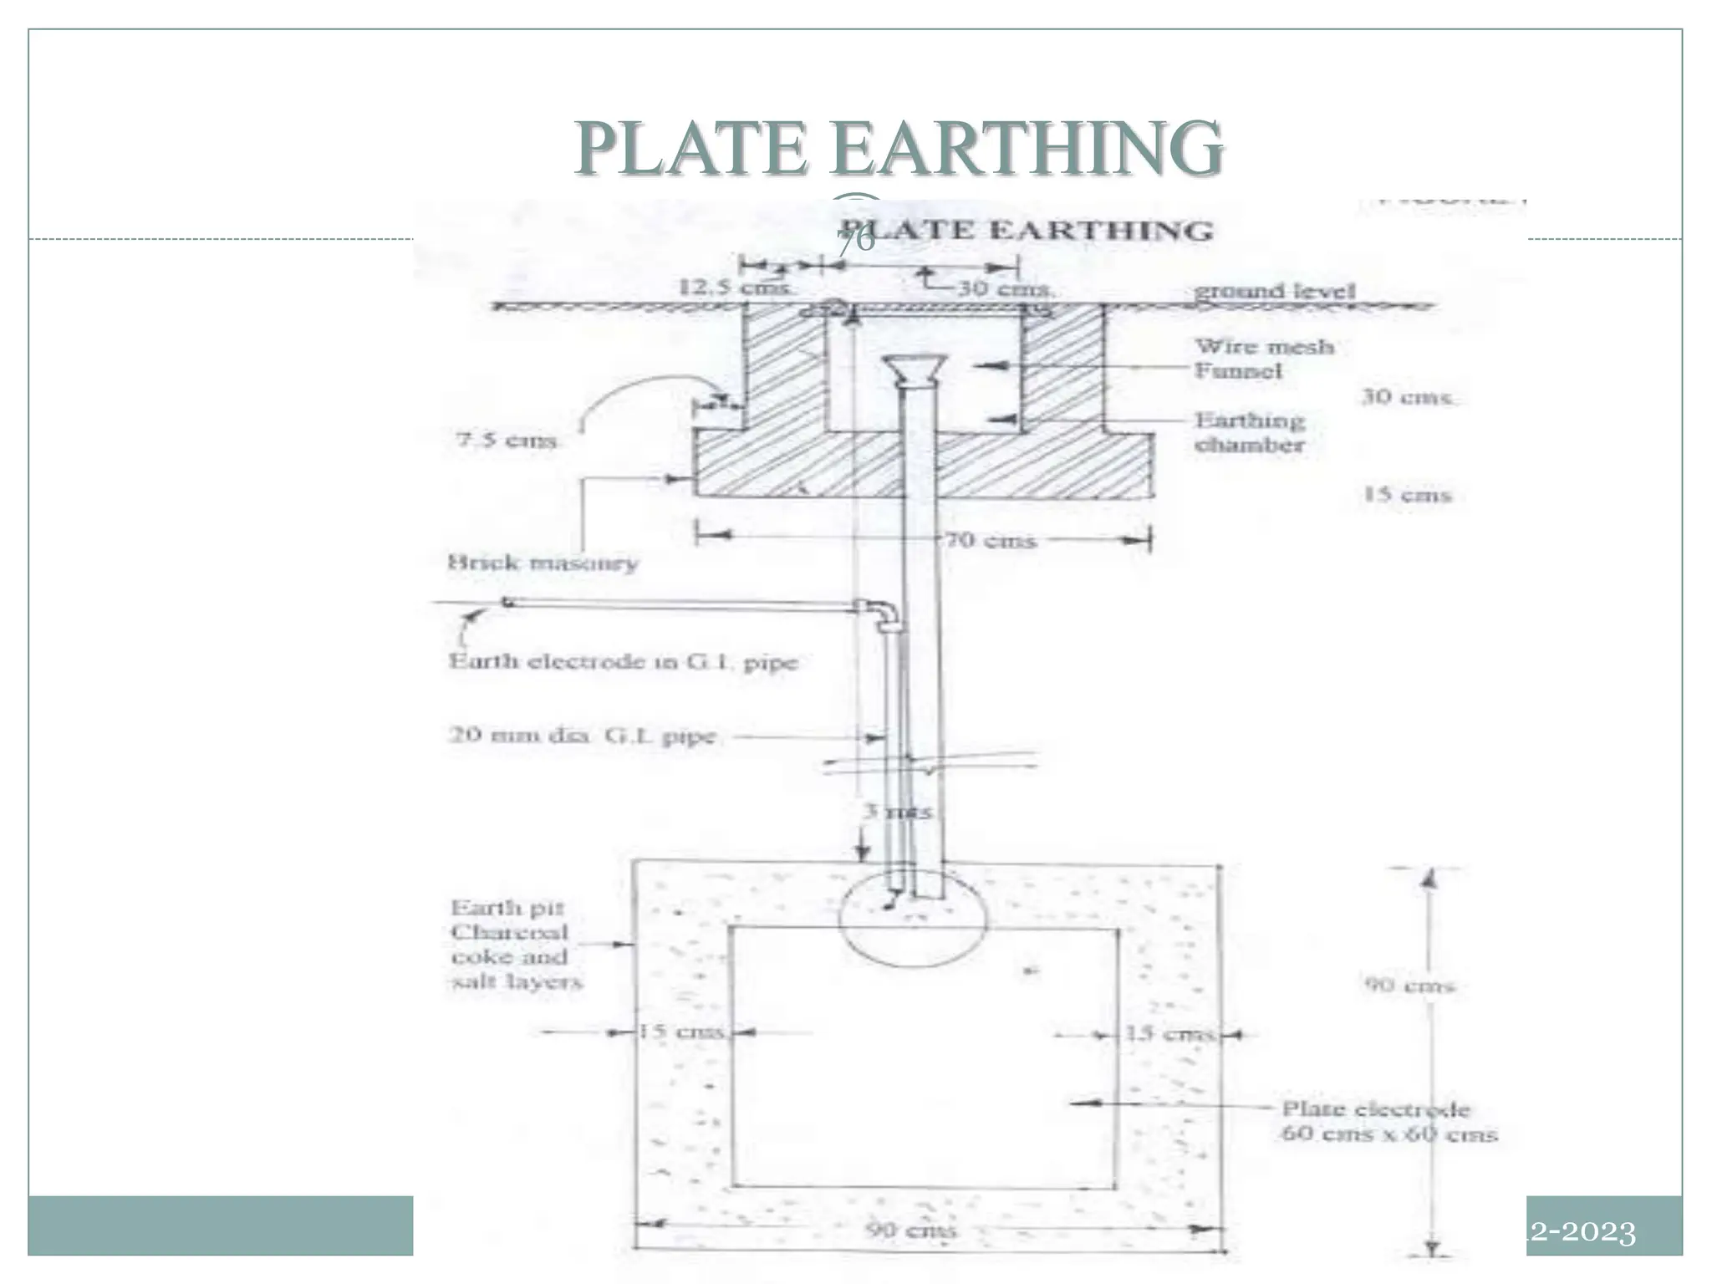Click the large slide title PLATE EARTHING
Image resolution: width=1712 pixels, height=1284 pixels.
tap(899, 148)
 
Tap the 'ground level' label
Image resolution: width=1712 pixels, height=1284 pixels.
tap(1274, 291)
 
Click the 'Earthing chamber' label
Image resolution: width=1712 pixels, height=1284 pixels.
tap(1250, 432)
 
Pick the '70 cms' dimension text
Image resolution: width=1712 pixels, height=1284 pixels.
tap(991, 541)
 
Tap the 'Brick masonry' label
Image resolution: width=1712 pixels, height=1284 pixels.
tap(543, 563)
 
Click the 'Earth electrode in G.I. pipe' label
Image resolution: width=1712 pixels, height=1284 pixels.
tap(623, 662)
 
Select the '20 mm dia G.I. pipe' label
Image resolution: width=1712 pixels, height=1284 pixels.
tap(583, 736)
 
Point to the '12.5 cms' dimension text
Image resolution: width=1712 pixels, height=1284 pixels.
tap(734, 288)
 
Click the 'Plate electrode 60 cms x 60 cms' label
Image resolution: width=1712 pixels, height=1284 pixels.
tap(1388, 1121)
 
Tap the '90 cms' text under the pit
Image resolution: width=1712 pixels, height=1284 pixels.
tap(910, 1230)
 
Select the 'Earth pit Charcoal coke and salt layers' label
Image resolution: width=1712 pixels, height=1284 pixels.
tap(515, 945)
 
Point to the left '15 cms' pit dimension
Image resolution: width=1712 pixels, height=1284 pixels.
tap(680, 1032)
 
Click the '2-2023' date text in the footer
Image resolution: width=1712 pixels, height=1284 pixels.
tap(1582, 1232)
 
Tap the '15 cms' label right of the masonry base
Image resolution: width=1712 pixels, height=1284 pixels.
tap(1408, 495)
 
